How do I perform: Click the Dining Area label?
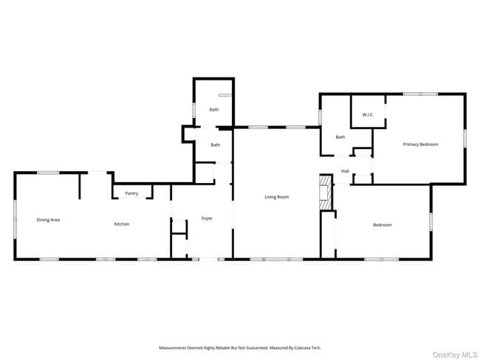pyautogui.click(x=48, y=220)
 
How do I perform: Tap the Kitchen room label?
pyautogui.click(x=121, y=224)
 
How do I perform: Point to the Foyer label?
pyautogui.click(x=207, y=218)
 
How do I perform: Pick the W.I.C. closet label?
pyautogui.click(x=368, y=115)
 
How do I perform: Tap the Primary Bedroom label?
pyautogui.click(x=420, y=144)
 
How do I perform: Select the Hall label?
pyautogui.click(x=345, y=171)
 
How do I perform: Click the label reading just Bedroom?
pyautogui.click(x=382, y=224)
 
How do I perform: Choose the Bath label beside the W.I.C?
pyautogui.click(x=340, y=136)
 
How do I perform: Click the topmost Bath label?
pyautogui.click(x=213, y=109)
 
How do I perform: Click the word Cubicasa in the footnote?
pyautogui.click(x=302, y=347)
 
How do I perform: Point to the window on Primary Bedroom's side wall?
pyautogui.click(x=464, y=138)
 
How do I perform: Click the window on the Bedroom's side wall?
pyautogui.click(x=431, y=221)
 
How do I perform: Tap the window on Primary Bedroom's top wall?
pyautogui.click(x=420, y=94)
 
